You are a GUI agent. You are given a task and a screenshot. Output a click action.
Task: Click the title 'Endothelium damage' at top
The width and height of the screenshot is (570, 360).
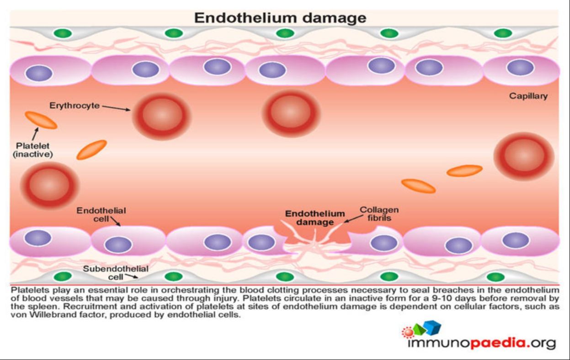pyautogui.click(x=280, y=18)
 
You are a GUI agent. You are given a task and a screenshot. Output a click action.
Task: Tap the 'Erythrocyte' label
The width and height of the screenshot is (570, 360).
pyautogui.click(x=75, y=106)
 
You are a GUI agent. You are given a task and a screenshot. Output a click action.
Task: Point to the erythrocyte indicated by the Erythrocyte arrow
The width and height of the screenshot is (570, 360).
pyautogui.click(x=162, y=116)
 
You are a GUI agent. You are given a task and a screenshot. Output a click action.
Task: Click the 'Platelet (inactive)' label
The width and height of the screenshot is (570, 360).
pyautogui.click(x=33, y=150)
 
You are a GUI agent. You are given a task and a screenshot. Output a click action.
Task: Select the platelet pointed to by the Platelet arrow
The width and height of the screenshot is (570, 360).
pyautogui.click(x=41, y=120)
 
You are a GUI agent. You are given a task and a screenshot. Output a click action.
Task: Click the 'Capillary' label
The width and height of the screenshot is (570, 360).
pyautogui.click(x=528, y=96)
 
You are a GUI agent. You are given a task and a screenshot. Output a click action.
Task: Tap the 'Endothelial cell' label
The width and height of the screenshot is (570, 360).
pyautogui.click(x=101, y=215)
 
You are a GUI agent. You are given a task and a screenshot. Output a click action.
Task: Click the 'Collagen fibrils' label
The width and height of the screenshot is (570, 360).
pyautogui.click(x=379, y=214)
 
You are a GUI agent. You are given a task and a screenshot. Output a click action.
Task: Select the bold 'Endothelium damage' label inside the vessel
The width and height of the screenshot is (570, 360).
pyautogui.click(x=315, y=218)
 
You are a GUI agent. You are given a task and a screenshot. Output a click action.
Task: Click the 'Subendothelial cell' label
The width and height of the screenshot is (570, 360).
pyautogui.click(x=116, y=273)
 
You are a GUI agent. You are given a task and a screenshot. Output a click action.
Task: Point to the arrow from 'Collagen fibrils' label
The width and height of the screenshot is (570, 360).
pyautogui.click(x=354, y=219)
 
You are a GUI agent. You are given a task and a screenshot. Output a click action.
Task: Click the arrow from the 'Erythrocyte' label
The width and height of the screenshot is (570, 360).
pyautogui.click(x=116, y=108)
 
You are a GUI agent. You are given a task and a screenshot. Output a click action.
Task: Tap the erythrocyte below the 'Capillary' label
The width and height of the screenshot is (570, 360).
pyautogui.click(x=524, y=156)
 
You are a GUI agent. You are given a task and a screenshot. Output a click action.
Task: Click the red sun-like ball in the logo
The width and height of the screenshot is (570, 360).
pyautogui.click(x=408, y=332)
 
